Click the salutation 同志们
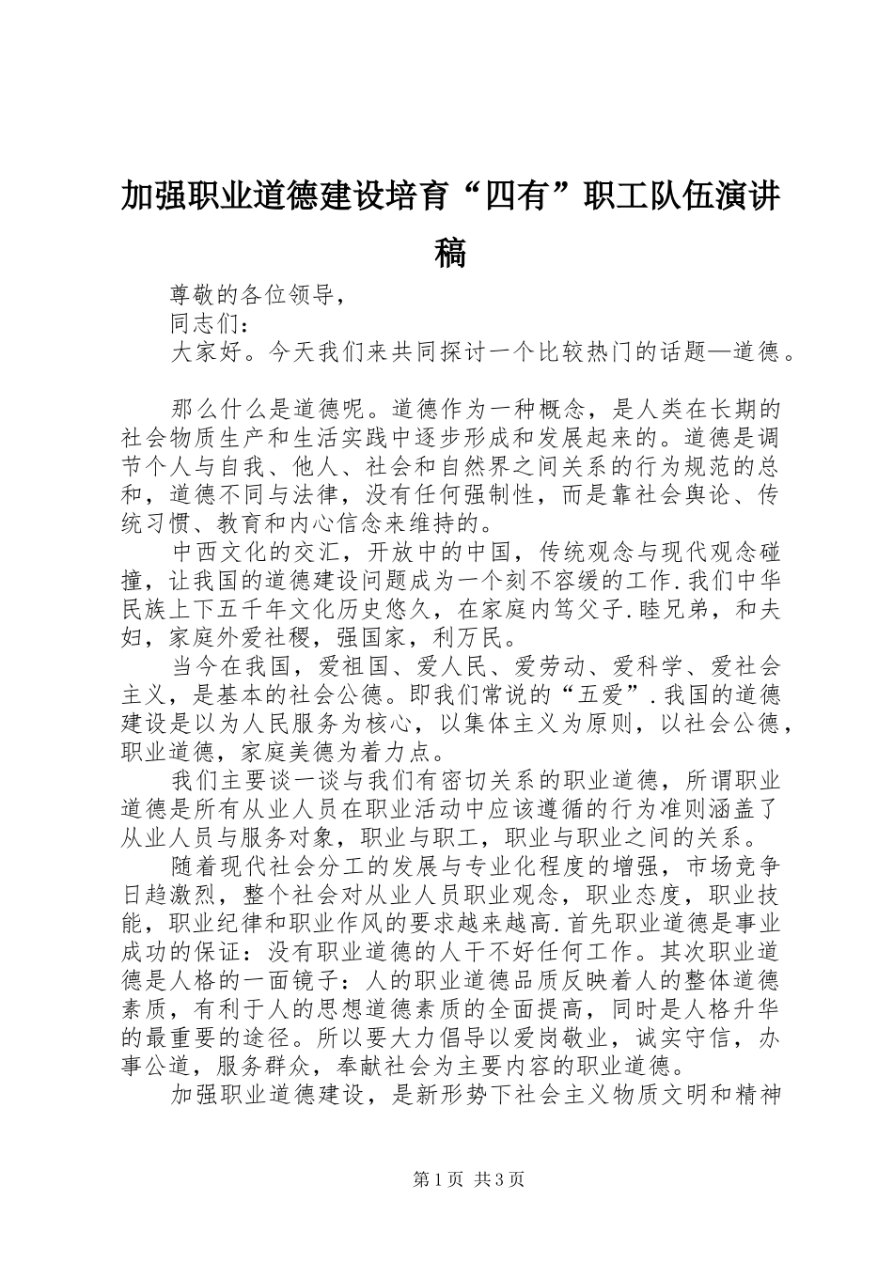click(x=205, y=324)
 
